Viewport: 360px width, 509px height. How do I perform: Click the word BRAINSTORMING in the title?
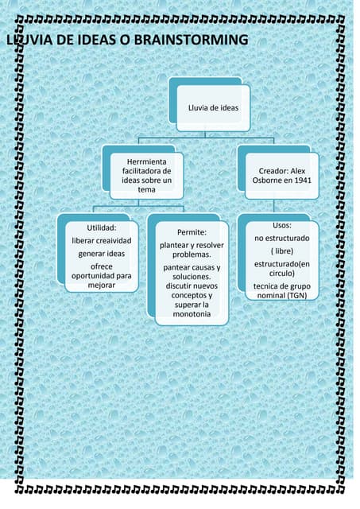coord(191,40)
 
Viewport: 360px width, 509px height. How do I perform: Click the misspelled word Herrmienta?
coord(146,161)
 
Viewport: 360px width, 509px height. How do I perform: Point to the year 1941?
coord(303,181)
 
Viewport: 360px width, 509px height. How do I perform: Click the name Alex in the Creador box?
coord(298,171)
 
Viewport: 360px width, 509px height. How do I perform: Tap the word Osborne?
coord(267,181)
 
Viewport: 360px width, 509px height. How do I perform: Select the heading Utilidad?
coord(102,228)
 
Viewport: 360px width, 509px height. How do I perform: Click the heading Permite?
coord(192,232)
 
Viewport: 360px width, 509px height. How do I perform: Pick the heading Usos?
coord(282,225)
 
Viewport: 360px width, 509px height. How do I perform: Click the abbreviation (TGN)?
coord(296,296)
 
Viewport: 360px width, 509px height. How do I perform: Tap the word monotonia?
coord(192,314)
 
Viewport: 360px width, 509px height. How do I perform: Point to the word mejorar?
coord(102,286)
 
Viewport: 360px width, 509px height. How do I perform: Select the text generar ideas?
coord(102,254)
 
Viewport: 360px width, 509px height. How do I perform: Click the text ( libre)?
coord(282,251)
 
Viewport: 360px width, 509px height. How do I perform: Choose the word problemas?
coord(192,254)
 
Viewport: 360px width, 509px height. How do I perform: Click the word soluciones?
coord(192,277)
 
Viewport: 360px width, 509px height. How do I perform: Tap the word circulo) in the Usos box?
coord(282,274)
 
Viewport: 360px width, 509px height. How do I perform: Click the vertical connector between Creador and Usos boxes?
coord(273,206)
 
